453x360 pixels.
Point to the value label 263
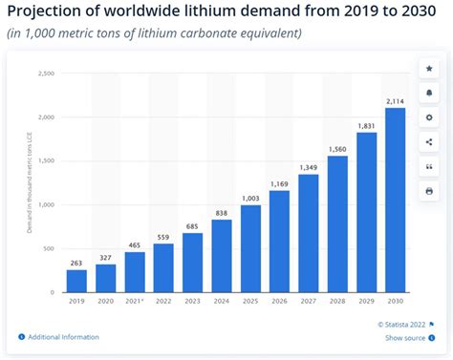point(76,262)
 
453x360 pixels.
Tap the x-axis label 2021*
point(136,301)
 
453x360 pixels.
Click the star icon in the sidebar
point(428,70)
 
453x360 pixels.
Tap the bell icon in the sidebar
point(428,94)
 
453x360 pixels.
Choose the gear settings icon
point(428,117)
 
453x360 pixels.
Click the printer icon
point(428,190)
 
